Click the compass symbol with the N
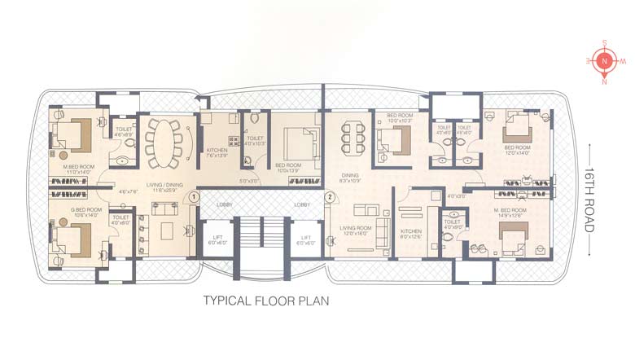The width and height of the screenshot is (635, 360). [x=603, y=61]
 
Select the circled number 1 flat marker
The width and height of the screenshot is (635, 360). [x=194, y=196]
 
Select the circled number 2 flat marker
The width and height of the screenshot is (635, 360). [x=329, y=196]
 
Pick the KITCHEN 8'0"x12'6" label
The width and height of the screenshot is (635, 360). [x=411, y=235]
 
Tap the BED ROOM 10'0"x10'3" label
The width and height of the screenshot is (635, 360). [x=400, y=118]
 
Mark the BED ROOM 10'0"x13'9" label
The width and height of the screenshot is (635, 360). [x=289, y=168]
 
